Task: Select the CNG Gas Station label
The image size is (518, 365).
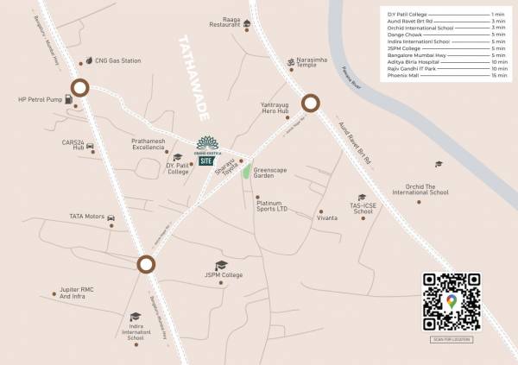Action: pos(117,61)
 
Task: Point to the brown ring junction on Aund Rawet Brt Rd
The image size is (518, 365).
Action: pos(310,105)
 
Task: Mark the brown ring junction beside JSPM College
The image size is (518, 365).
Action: pos(147,265)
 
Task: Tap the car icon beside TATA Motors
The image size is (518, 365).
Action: pos(111,217)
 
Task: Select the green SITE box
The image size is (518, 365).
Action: pos(206,160)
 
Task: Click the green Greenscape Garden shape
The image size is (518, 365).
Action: pos(247,171)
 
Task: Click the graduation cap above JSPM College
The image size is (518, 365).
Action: pos(221,264)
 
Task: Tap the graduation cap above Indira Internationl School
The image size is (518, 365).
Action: pos(135,318)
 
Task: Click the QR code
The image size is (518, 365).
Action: pos(451,301)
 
